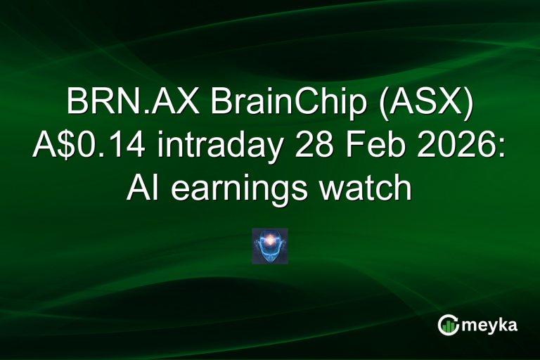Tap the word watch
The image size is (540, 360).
[x=370, y=187]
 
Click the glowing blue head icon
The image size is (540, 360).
[x=270, y=246]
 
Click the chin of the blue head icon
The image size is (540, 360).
[x=270, y=257]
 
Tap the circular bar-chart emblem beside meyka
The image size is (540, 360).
[x=447, y=324]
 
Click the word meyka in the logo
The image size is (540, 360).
[x=490, y=326]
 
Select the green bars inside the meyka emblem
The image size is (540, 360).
[x=447, y=326]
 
